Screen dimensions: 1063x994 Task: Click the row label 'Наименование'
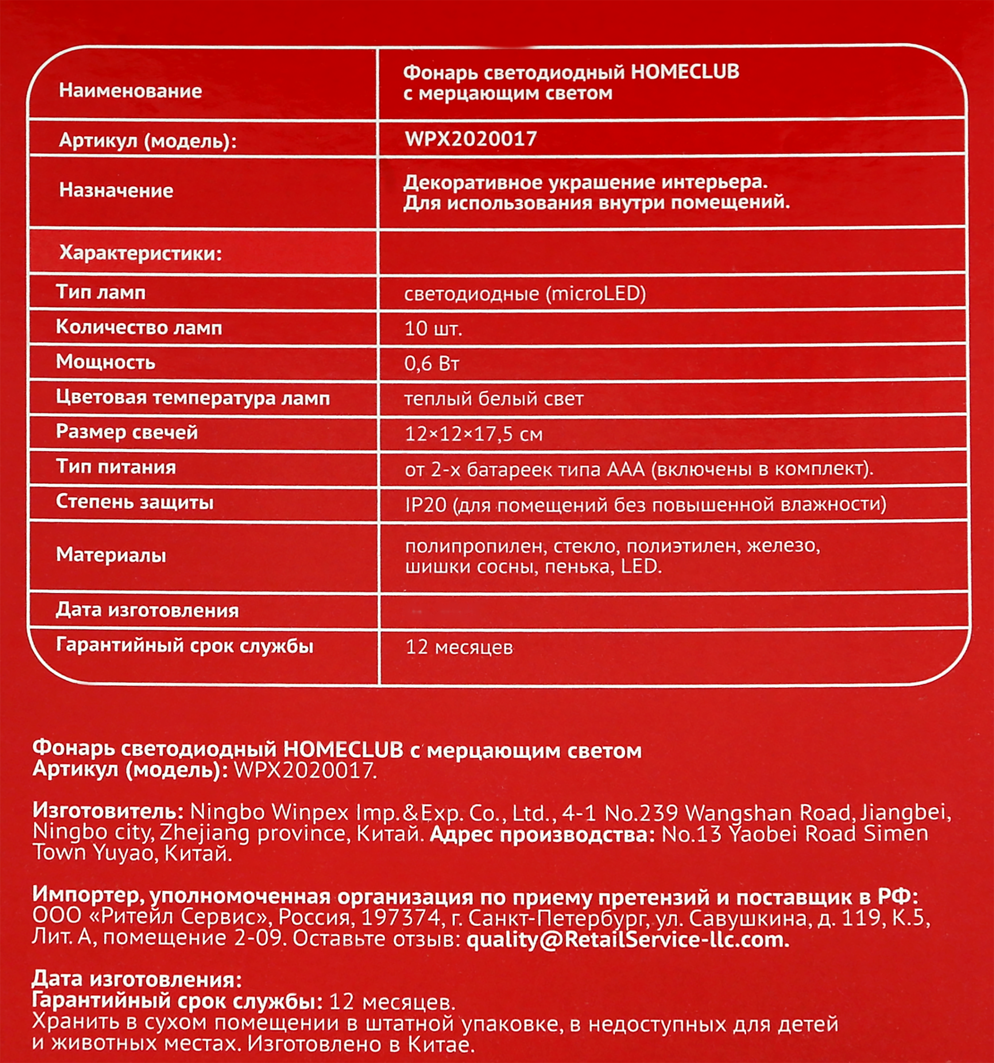pos(131,91)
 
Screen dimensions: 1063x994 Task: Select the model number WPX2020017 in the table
pos(471,139)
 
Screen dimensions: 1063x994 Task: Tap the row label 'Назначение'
pos(116,190)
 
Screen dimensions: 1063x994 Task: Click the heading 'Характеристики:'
pos(140,253)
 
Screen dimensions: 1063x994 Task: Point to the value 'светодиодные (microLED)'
pos(525,294)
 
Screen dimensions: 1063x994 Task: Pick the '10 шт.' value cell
pos(433,328)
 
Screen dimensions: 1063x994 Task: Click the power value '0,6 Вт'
pos(432,364)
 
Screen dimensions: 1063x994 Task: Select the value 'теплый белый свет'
pos(493,399)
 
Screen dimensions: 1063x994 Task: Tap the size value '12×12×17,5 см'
pos(473,434)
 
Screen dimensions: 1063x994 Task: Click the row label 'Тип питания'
pos(116,467)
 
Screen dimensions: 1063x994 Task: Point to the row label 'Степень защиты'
pos(135,502)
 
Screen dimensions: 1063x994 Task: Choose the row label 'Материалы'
pos(111,555)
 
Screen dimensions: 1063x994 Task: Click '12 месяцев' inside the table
pos(459,648)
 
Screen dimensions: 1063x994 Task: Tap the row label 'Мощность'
pos(106,363)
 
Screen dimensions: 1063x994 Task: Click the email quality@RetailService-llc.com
pos(627,939)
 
